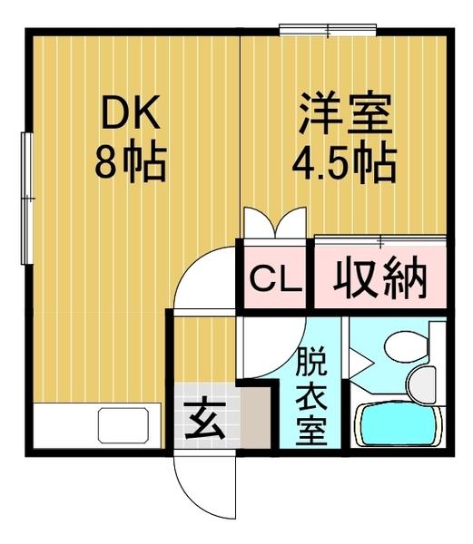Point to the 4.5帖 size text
(342, 165)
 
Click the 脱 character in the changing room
(312, 360)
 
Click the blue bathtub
(399, 424)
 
